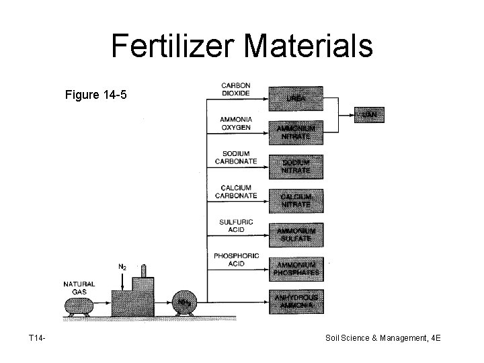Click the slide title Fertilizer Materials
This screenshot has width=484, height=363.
click(242, 46)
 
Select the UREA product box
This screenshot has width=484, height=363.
click(296, 98)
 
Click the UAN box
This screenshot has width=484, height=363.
click(369, 115)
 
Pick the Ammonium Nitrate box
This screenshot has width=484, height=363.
click(296, 132)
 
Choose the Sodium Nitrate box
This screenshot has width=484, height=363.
click(296, 166)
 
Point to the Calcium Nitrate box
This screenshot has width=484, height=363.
click(296, 200)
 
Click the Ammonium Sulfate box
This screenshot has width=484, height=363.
click(296, 234)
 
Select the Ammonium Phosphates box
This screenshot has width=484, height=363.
click(296, 269)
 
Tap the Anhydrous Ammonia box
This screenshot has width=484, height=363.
click(296, 302)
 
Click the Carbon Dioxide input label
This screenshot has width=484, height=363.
click(236, 89)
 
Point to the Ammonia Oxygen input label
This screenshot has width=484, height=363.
click(236, 124)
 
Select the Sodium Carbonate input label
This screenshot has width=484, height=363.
click(236, 157)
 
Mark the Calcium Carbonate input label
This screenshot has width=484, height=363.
click(236, 192)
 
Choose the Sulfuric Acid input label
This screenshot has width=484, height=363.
click(236, 226)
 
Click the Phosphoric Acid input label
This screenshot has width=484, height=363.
click(236, 260)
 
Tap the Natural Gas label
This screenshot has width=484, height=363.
click(79, 287)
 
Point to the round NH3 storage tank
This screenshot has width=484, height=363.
click(182, 303)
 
